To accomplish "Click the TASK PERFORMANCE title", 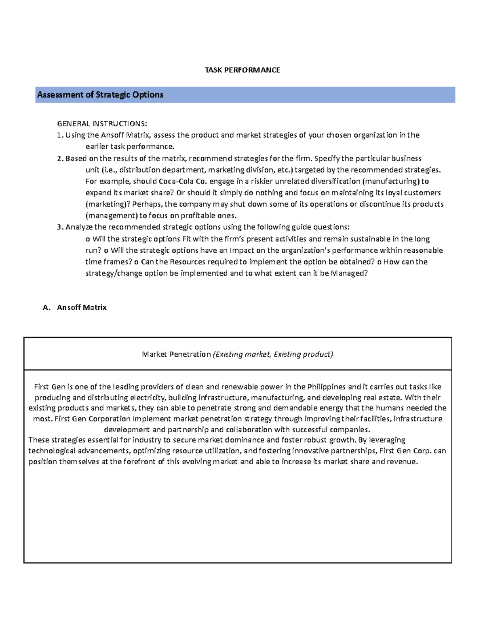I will (x=242, y=70).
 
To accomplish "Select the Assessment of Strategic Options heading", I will (x=100, y=95).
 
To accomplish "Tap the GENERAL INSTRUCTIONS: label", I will (x=102, y=123).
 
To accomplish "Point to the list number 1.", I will (x=60, y=135).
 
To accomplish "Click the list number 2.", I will (x=60, y=158).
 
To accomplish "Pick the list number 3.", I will (x=60, y=227).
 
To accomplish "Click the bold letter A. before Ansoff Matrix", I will (x=46, y=307).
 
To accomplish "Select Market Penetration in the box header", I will (x=176, y=354).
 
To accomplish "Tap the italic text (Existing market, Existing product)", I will (x=273, y=354).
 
